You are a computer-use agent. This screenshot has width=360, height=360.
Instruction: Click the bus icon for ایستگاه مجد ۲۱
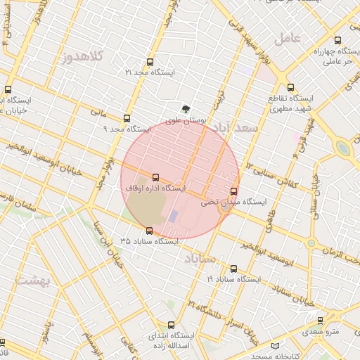pos(149,62)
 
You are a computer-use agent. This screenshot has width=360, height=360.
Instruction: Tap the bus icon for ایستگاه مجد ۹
pos(127,119)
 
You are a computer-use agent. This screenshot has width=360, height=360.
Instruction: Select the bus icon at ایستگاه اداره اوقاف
pos(155,178)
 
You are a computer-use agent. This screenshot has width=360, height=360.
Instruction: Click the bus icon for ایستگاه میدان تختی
pos(234,191)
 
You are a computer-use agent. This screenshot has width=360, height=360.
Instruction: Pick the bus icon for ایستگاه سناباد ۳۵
pos(149,231)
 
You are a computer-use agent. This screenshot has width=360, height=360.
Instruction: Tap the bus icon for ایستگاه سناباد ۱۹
pos(234,269)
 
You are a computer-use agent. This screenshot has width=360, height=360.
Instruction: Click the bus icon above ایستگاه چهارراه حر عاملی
pos(340,41)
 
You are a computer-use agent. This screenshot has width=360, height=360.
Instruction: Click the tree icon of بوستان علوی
pos(186,109)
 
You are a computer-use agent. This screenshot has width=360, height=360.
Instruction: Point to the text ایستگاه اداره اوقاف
pos(155,188)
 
